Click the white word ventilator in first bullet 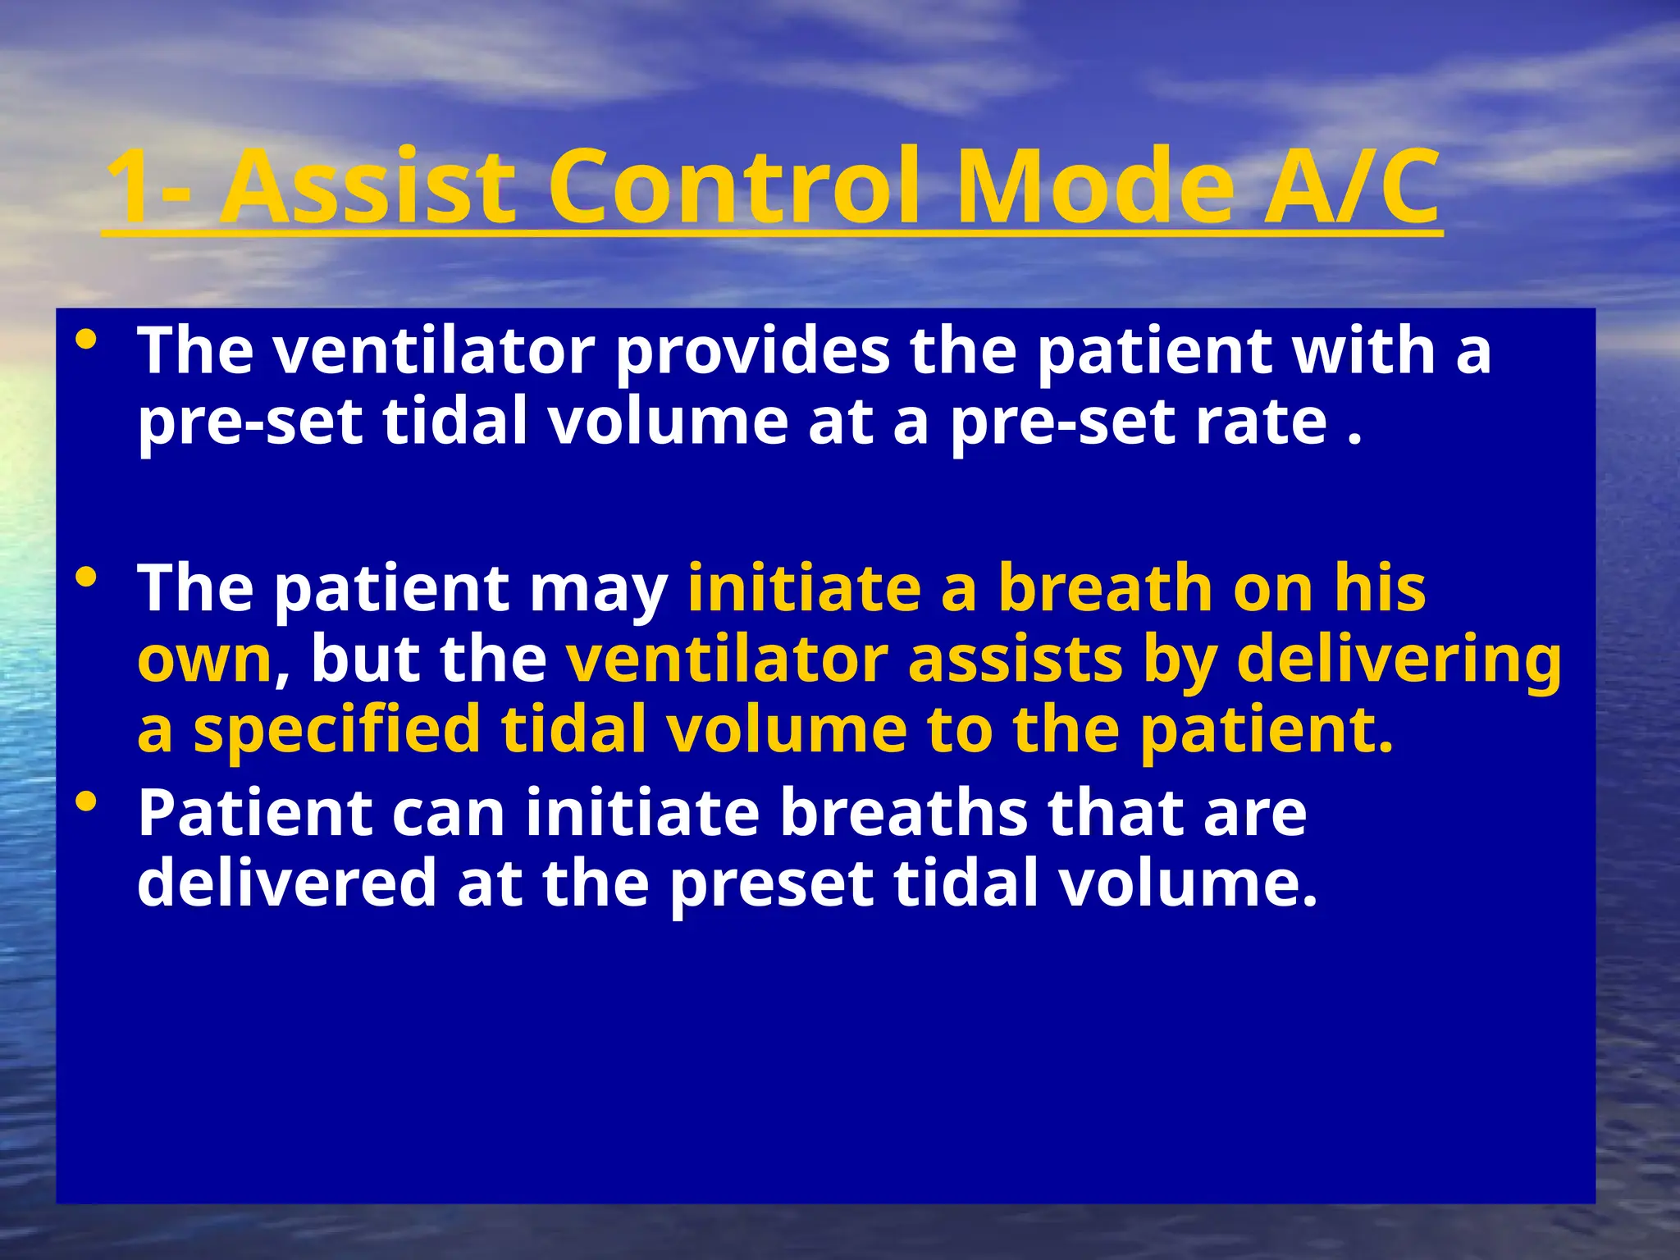434,351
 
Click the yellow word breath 1104,589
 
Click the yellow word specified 336,731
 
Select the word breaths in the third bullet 902,813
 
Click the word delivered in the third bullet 287,883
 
